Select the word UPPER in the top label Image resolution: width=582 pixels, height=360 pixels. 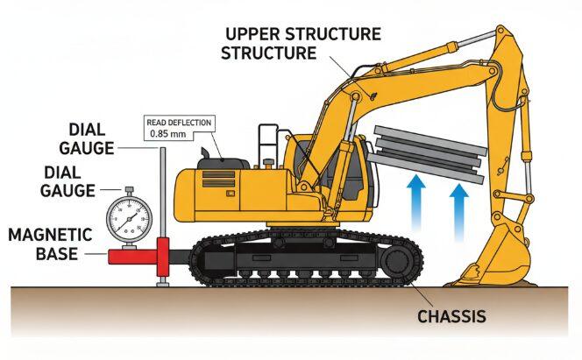click(x=252, y=35)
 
